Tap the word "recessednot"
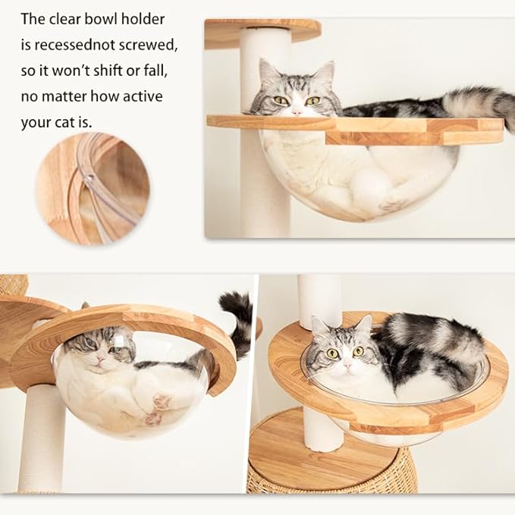(80, 45)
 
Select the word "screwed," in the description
(150, 45)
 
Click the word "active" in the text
(141, 96)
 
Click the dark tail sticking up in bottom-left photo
(240, 319)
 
